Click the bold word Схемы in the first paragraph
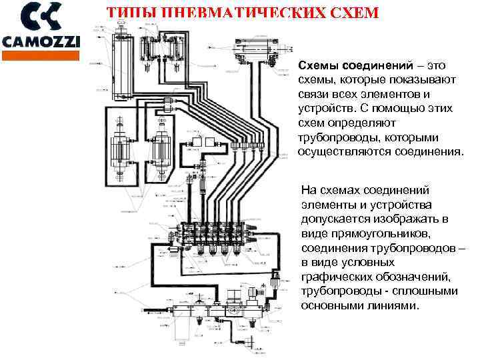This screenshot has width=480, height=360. tap(317, 67)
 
